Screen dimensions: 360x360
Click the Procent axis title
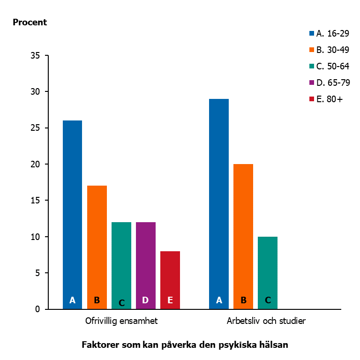[30, 22]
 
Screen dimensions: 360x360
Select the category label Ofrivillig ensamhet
[121, 321]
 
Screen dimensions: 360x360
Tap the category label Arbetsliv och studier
[266, 321]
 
